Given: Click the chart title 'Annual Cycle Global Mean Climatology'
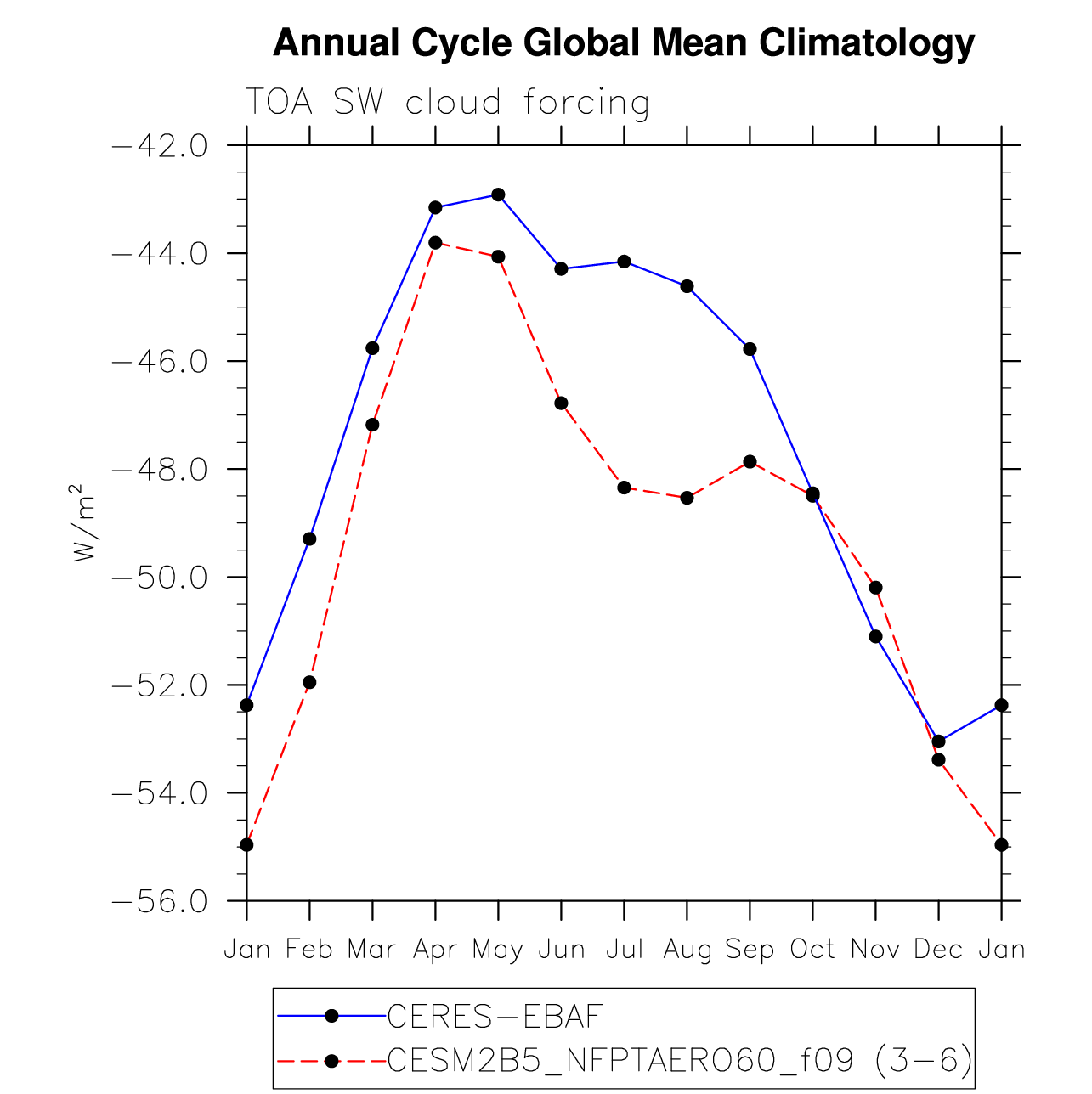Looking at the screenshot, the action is [623, 43].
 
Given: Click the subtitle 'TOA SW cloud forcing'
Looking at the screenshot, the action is [448, 103].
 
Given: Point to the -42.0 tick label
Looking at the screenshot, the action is [161, 146].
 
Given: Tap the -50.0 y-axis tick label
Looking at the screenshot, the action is [161, 578].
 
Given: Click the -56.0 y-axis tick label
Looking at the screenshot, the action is [161, 901].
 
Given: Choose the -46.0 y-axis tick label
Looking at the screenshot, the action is [161, 362].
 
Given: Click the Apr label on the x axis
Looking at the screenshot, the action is [435, 950].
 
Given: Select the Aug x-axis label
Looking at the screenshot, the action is [687, 950].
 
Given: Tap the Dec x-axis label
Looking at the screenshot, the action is [938, 950].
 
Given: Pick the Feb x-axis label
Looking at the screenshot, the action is [309, 950].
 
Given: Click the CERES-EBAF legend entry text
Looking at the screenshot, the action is [494, 1017].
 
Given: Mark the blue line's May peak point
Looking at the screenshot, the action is [498, 195].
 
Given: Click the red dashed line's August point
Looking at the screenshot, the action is [687, 498].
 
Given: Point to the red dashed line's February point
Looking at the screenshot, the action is [309, 682].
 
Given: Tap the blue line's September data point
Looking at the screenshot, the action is [750, 349].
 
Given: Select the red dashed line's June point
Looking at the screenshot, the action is [562, 403].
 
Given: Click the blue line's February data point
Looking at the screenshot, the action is [309, 539].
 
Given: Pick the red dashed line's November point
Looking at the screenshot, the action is [875, 588].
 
